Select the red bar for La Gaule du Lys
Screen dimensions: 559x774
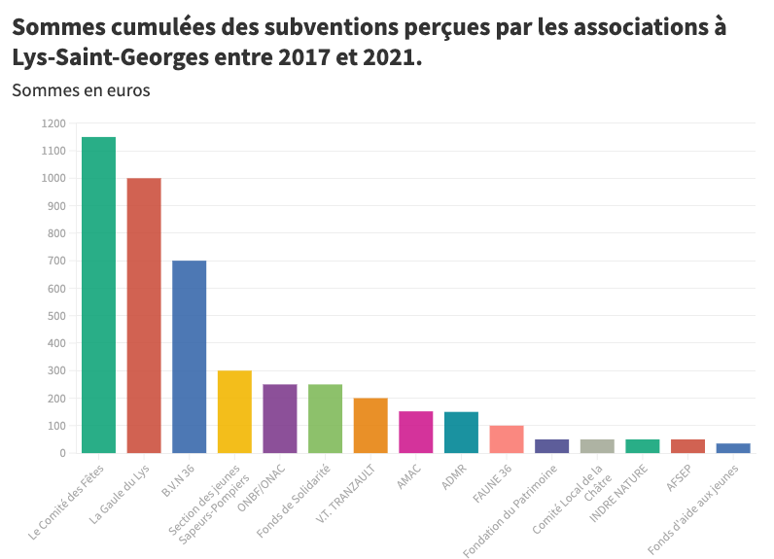pyautogui.click(x=144, y=315)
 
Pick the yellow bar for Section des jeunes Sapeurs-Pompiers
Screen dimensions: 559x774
pyautogui.click(x=234, y=411)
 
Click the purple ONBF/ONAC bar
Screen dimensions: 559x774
pyautogui.click(x=280, y=418)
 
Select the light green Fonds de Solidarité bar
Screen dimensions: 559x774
pyautogui.click(x=325, y=418)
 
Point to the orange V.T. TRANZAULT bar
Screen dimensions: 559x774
pyautogui.click(x=370, y=425)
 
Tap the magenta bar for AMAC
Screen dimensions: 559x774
pyautogui.click(x=415, y=432)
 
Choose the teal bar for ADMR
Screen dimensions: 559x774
pyautogui.click(x=461, y=432)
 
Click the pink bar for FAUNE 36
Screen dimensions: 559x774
pyautogui.click(x=507, y=438)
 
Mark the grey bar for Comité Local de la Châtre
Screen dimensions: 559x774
pyautogui.click(x=597, y=445)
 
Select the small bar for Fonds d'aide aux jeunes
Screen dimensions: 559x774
pyautogui.click(x=733, y=447)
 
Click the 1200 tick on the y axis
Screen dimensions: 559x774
pyautogui.click(x=53, y=123)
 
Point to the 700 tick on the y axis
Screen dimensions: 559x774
pyautogui.click(x=56, y=261)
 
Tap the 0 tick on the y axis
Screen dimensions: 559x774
pyautogui.click(x=62, y=453)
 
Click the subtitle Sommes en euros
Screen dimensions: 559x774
pyautogui.click(x=81, y=90)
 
